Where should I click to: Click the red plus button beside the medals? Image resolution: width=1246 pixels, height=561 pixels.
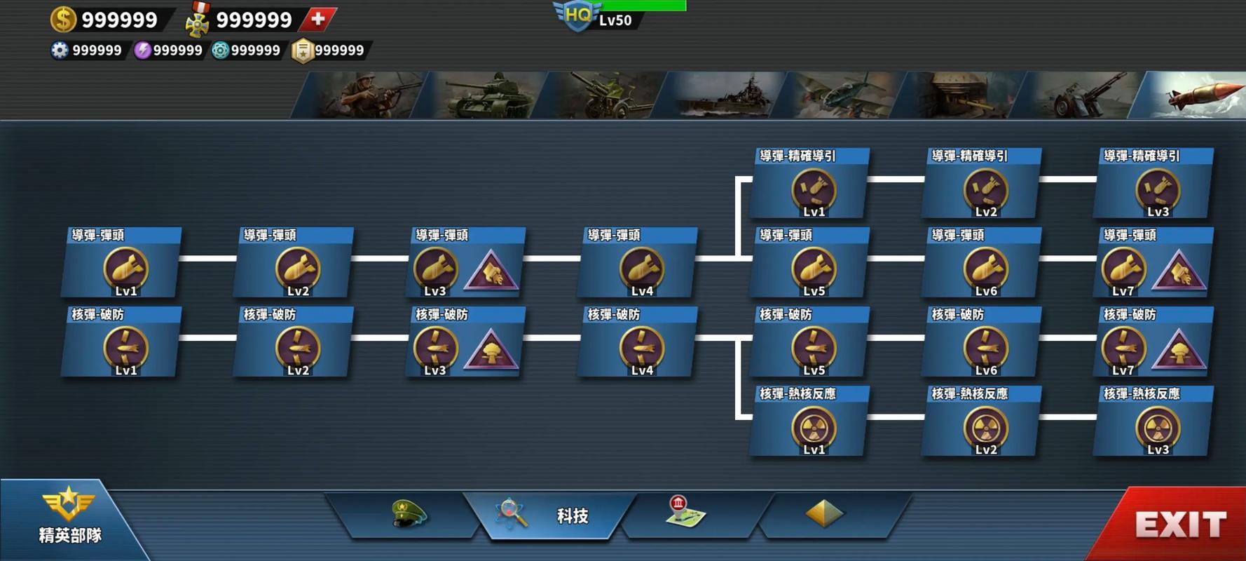pyautogui.click(x=318, y=19)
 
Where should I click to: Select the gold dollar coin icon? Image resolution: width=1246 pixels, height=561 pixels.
pyautogui.click(x=63, y=19)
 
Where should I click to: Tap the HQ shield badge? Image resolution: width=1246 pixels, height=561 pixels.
pyautogui.click(x=577, y=15)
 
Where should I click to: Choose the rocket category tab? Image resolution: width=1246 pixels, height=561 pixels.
pyautogui.click(x=1191, y=95)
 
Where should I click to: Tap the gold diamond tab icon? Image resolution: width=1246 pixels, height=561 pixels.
pyautogui.click(x=824, y=513)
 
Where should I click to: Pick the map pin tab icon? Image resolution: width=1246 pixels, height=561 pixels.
pyautogui.click(x=685, y=511)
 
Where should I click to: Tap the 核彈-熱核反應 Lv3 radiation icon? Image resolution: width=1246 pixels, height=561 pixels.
pyautogui.click(x=1157, y=428)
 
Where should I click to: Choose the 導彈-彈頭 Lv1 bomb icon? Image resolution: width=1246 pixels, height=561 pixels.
pyautogui.click(x=125, y=269)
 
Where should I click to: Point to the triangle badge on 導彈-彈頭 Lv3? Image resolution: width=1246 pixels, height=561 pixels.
pyautogui.click(x=491, y=270)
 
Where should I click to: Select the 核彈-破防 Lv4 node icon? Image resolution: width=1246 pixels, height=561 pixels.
pyautogui.click(x=641, y=349)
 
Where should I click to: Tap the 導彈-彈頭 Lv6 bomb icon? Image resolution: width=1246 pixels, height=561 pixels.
pyautogui.click(x=985, y=269)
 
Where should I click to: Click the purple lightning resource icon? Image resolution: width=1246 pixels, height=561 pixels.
pyautogui.click(x=142, y=50)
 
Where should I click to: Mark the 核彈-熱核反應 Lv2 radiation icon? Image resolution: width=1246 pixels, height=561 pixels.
pyautogui.click(x=985, y=428)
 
